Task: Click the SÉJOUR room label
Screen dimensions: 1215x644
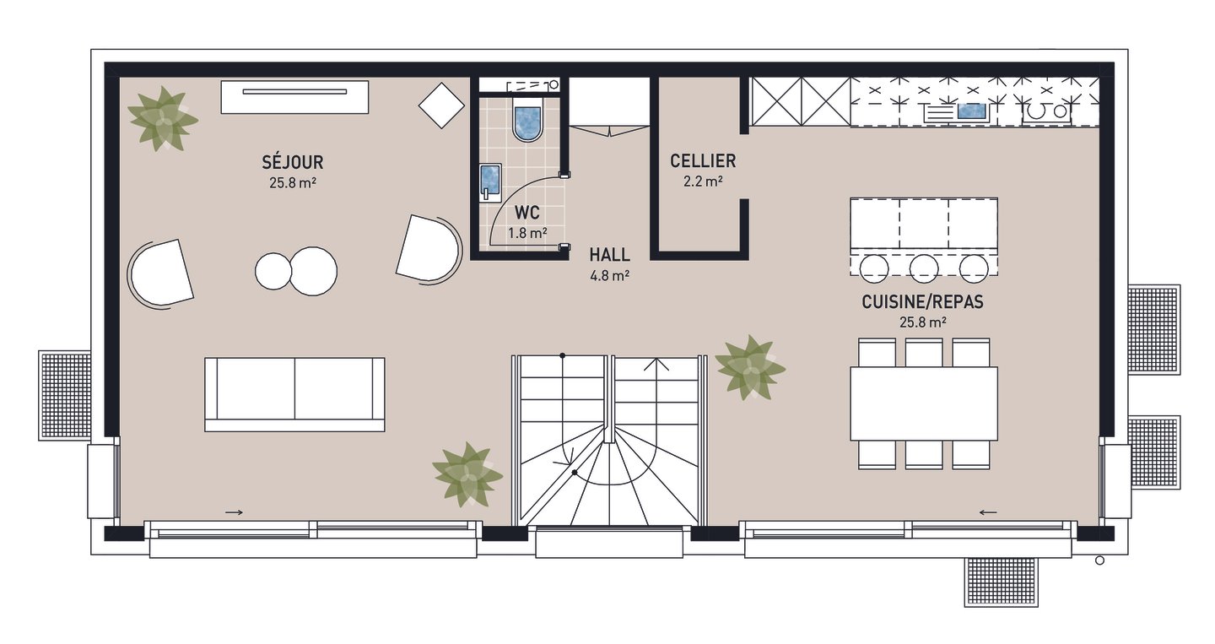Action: [x=292, y=162]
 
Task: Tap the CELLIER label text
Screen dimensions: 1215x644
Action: [x=703, y=160]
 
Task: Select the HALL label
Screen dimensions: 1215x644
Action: [x=610, y=254]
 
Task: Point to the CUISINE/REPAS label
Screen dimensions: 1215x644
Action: [x=923, y=301]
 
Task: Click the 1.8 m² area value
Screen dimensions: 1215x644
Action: [x=527, y=233]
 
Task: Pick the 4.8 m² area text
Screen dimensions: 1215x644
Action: [x=610, y=276]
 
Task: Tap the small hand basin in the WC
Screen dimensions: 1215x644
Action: [x=490, y=182]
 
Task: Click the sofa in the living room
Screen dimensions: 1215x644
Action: [x=294, y=394]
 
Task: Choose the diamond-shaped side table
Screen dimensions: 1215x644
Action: [x=441, y=106]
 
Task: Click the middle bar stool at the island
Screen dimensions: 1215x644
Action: [x=924, y=268]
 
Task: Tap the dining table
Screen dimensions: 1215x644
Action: [x=924, y=403]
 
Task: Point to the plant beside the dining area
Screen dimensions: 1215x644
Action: [x=750, y=367]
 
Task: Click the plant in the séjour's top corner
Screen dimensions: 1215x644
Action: [x=162, y=119]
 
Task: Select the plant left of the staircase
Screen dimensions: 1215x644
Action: [x=467, y=474]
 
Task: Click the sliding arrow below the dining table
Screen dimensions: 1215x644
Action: [x=988, y=512]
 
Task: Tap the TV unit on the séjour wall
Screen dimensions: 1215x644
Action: [x=294, y=97]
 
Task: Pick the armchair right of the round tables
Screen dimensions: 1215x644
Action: [x=429, y=248]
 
